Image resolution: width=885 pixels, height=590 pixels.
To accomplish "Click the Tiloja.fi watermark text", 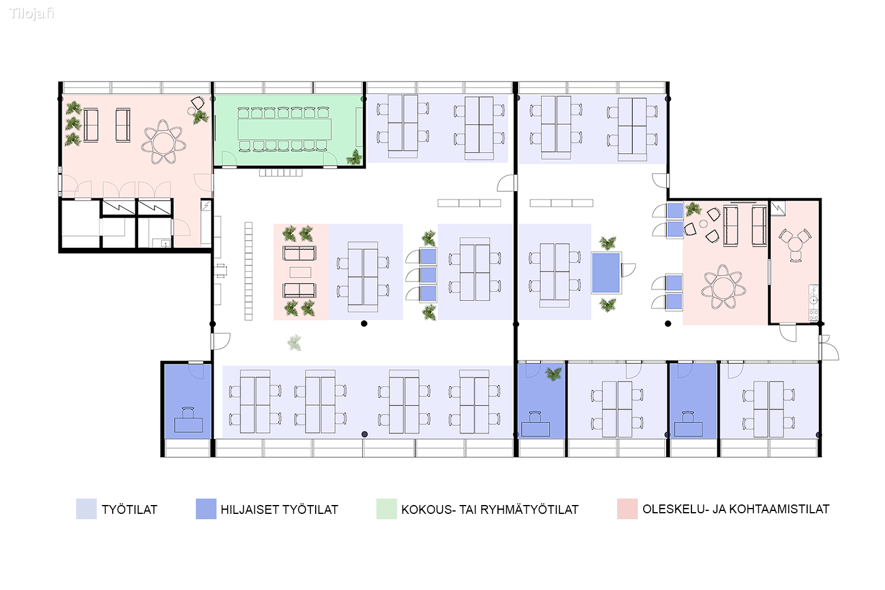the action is click(x=31, y=14).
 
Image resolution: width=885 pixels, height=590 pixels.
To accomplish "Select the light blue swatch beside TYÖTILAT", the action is click(x=86, y=509).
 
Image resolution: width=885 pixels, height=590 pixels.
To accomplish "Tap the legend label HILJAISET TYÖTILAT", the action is click(x=279, y=509).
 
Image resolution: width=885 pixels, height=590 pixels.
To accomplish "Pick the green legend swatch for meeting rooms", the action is click(x=386, y=509).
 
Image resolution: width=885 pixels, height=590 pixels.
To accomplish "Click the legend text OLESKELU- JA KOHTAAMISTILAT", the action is click(x=736, y=509).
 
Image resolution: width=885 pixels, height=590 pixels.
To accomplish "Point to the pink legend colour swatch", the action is click(x=627, y=509).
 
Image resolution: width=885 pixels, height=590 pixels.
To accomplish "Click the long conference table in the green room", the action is click(x=284, y=129).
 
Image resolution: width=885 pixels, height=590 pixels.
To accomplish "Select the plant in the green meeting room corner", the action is click(x=354, y=157).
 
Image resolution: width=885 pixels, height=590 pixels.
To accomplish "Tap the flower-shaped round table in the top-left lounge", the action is click(x=163, y=143).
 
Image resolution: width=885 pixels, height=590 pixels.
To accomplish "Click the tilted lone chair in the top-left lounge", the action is click(x=198, y=103).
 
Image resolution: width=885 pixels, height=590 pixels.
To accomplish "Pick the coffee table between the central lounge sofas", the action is click(x=300, y=272).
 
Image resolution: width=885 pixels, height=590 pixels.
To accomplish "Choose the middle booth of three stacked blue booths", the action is click(x=428, y=275).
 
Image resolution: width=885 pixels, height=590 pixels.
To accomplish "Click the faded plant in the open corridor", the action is click(x=294, y=342).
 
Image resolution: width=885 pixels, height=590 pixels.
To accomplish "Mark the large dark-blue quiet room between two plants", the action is click(x=606, y=273).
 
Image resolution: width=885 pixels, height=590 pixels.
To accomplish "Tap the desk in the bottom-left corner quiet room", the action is click(x=188, y=424).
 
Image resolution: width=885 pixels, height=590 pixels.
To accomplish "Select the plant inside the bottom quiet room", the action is click(x=553, y=373).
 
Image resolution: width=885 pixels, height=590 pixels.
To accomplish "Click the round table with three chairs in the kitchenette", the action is click(x=795, y=245).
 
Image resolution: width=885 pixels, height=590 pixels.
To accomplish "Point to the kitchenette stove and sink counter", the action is click(x=814, y=302).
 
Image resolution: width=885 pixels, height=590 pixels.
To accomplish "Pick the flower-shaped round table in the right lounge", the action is click(x=723, y=287).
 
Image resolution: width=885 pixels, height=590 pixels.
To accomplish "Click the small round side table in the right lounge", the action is click(x=703, y=224).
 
